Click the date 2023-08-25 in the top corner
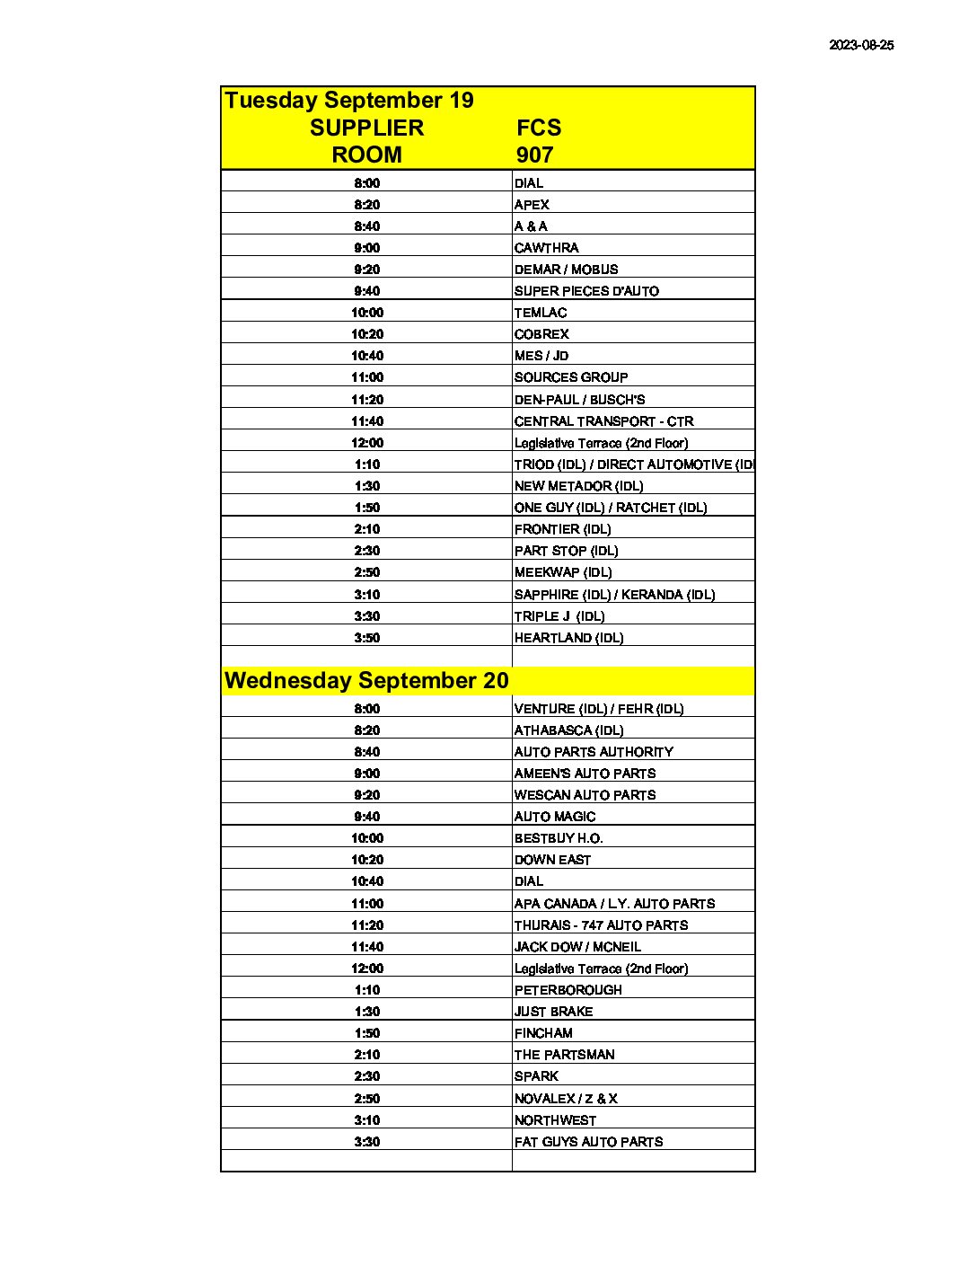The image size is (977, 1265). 861,45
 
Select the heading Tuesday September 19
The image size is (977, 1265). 349,101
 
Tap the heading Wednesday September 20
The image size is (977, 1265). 366,681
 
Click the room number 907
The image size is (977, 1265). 534,155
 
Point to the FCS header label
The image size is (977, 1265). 539,128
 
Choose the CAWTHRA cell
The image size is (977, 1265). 546,248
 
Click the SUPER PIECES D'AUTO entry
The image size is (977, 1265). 586,291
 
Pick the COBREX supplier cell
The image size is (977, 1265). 541,334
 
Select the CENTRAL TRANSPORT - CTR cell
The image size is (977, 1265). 603,421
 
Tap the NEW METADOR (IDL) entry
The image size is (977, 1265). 578,486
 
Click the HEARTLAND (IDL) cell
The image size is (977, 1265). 568,638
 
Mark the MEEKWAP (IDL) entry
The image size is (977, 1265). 563,572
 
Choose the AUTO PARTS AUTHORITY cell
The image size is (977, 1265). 594,752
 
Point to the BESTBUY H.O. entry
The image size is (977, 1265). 559,838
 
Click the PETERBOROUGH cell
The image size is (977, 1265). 568,990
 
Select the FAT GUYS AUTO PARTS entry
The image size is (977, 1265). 588,1142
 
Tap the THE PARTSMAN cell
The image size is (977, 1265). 564,1055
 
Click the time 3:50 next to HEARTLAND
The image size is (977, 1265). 366,638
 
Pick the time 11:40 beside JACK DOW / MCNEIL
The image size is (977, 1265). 366,947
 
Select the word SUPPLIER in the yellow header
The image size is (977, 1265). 366,128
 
